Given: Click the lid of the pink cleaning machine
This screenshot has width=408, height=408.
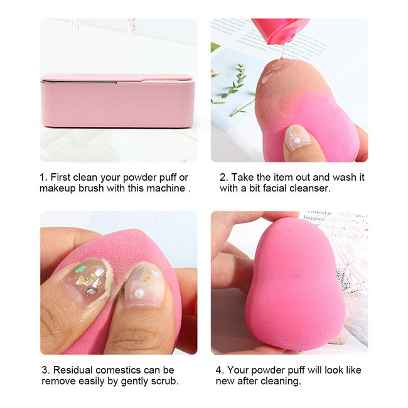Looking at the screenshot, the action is [x=117, y=78].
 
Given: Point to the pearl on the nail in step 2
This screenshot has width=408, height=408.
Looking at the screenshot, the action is [x=297, y=141].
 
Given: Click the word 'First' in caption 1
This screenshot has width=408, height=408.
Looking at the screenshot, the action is [x=61, y=177].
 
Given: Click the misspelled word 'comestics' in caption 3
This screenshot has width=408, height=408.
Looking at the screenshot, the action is [x=120, y=370].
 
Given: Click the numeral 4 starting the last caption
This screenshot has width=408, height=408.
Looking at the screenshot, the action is [x=218, y=370].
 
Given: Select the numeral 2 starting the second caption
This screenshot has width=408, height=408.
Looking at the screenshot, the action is [x=223, y=178].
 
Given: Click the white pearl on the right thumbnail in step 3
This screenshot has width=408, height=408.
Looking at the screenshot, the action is [x=138, y=293].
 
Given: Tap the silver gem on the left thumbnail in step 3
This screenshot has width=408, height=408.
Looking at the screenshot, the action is [x=92, y=291].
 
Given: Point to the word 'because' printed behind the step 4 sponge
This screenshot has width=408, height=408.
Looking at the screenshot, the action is [x=314, y=218].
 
